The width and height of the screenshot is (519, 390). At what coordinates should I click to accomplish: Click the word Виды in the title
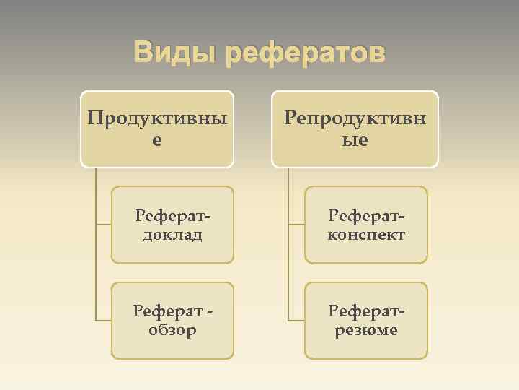pos(174,53)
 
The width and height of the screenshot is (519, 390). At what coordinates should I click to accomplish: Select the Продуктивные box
pos(157,129)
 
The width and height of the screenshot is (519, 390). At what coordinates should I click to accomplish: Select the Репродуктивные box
pos(355,129)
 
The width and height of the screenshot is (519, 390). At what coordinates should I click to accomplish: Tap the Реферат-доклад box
pos(172,225)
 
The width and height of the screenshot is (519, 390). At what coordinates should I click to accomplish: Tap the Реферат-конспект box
pos(366,225)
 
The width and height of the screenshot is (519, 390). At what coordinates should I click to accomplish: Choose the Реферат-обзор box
pos(172,320)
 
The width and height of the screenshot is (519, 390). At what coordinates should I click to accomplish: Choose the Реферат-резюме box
pos(366,320)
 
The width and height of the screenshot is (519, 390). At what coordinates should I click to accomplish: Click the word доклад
pos(172,235)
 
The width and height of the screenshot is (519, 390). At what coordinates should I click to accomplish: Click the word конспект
pos(366,235)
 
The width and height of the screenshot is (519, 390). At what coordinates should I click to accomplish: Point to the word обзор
pos(172,330)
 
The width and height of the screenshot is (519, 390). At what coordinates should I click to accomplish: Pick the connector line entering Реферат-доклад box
pos(104,225)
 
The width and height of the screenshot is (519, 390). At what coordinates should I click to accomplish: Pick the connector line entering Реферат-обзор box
pos(104,320)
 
